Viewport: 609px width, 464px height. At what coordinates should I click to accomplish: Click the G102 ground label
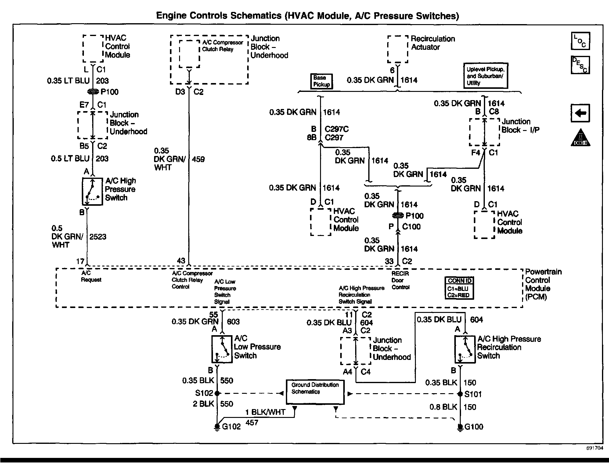tap(231, 426)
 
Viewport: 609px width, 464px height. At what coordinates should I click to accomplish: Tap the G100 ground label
tap(474, 427)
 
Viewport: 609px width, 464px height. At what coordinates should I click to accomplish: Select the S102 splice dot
tap(217, 393)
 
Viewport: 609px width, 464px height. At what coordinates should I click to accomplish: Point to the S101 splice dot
tap(460, 394)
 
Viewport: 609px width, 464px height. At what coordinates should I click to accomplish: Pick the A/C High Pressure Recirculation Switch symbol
tap(465, 350)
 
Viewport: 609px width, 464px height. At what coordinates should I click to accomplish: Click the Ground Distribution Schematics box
tap(315, 392)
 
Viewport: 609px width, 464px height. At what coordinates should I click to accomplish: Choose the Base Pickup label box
tap(321, 82)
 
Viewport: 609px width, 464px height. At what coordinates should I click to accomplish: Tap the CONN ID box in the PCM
tap(459, 288)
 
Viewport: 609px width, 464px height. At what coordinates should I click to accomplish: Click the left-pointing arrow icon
tap(580, 113)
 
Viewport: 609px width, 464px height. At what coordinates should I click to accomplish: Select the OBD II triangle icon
tap(580, 138)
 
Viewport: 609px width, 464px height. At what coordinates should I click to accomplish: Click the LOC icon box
tap(580, 41)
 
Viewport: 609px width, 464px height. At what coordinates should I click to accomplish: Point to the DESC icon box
tap(580, 65)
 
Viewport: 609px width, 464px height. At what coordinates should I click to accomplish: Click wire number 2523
tap(98, 237)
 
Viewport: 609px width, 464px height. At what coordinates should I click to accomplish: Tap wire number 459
tap(198, 159)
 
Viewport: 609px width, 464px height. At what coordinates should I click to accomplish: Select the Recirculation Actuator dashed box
tap(398, 49)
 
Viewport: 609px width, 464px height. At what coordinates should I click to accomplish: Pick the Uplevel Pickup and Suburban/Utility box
tap(485, 76)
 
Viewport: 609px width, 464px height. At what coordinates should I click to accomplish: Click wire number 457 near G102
tap(252, 423)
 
